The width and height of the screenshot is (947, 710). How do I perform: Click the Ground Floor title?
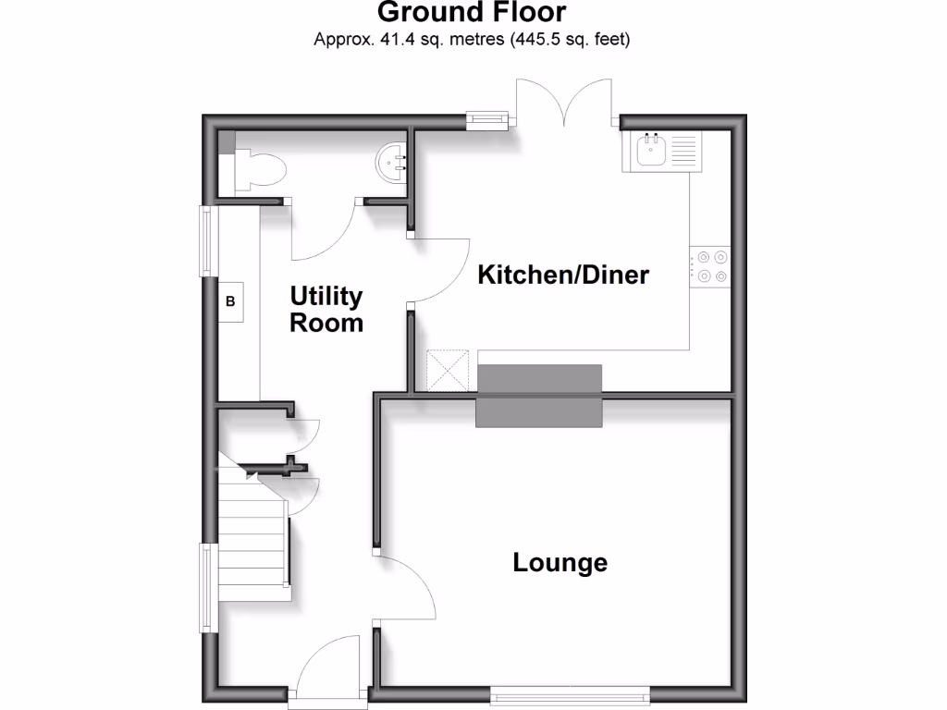(x=473, y=13)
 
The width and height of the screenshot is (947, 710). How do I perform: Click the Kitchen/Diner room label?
(x=562, y=275)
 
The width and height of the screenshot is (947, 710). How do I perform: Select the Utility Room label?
(x=326, y=310)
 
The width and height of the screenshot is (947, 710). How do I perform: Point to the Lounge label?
(x=560, y=562)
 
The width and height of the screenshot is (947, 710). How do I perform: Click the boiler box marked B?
(x=231, y=301)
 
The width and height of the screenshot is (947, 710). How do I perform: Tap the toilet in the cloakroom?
(x=261, y=171)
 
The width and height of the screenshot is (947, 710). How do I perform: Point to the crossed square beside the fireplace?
(x=449, y=372)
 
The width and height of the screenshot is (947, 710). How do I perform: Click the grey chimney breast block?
(x=539, y=395)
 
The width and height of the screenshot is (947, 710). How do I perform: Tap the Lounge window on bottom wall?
(x=570, y=693)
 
